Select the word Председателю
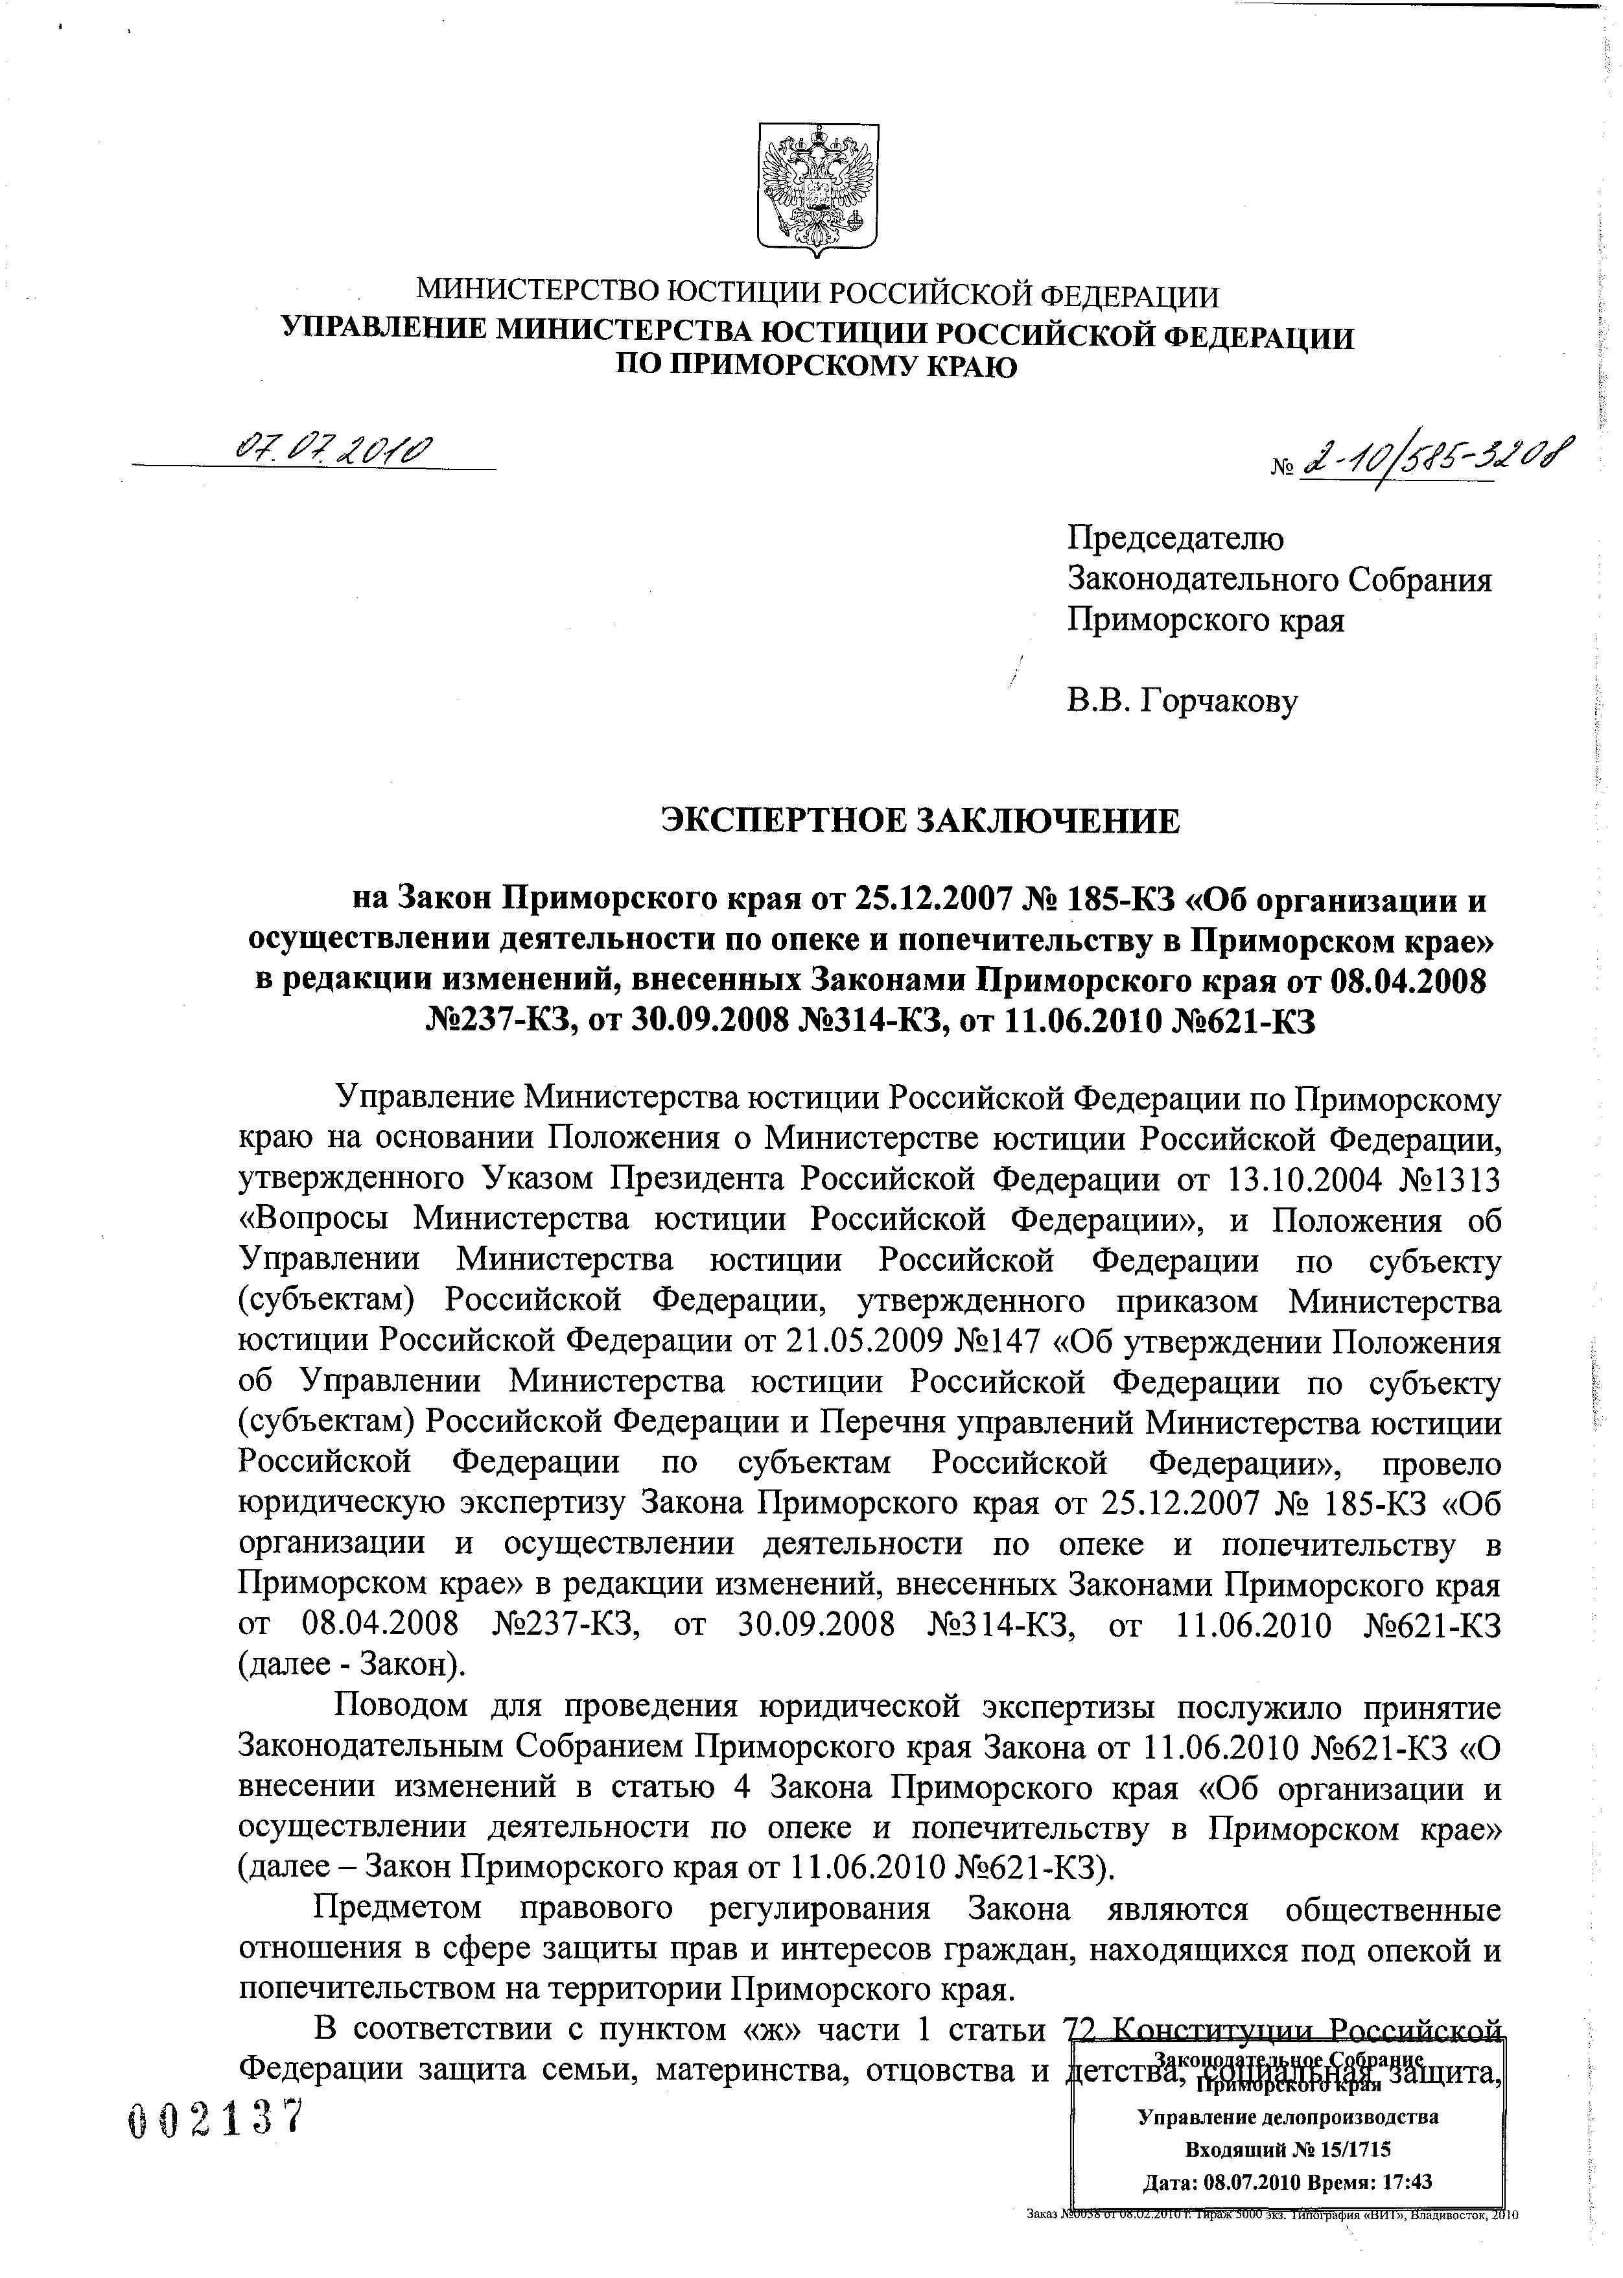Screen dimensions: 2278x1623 1175,539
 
